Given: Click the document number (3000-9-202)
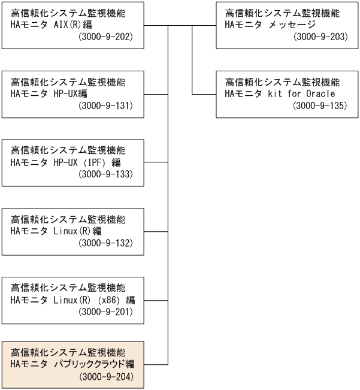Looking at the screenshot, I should [x=105, y=38].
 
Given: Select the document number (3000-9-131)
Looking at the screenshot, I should [x=105, y=106].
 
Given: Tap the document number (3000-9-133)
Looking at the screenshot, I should [x=105, y=174].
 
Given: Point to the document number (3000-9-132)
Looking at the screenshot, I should [x=105, y=243].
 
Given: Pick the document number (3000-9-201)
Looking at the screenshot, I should [x=105, y=312].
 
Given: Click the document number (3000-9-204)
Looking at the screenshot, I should [x=105, y=377].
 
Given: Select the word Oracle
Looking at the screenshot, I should [x=318, y=94].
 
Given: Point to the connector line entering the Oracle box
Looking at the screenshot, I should [x=204, y=94].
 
